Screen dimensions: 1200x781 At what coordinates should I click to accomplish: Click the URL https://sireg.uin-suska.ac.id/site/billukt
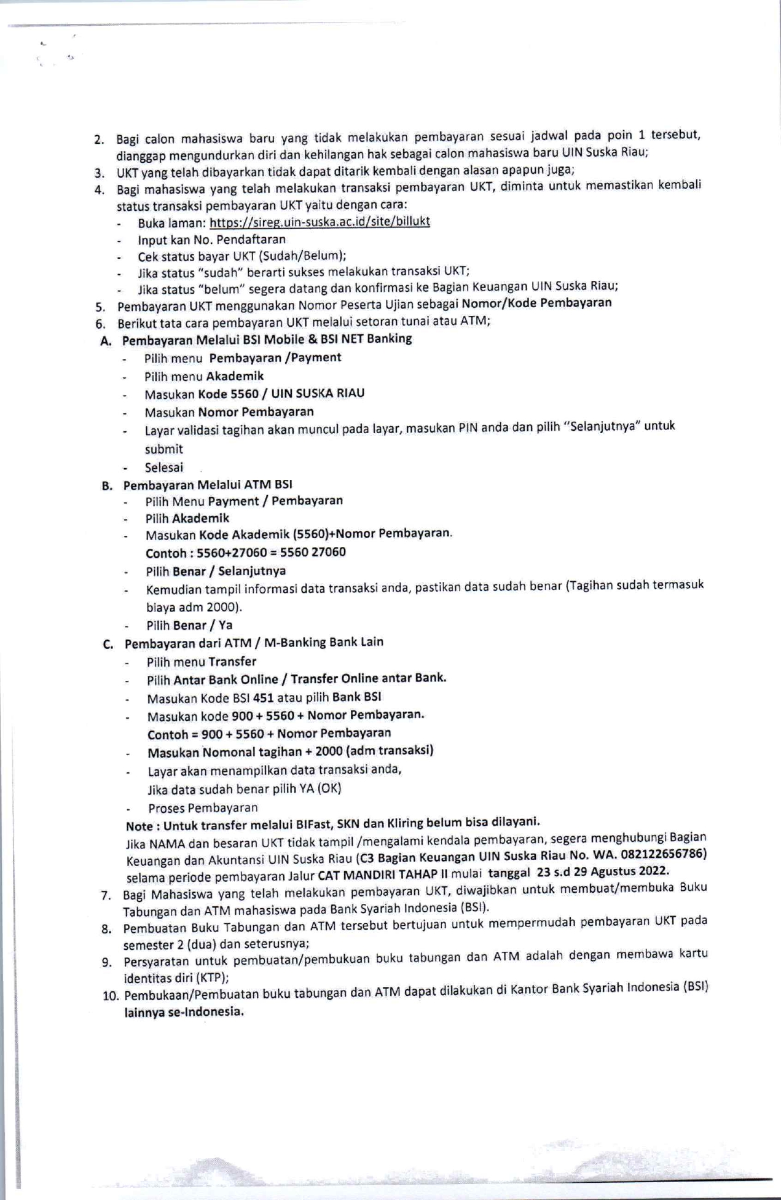(x=320, y=222)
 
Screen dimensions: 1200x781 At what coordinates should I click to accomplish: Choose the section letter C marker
(x=108, y=644)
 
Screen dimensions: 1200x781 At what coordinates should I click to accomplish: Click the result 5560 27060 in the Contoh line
(x=313, y=552)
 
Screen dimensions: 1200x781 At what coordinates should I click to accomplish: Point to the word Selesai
(x=164, y=467)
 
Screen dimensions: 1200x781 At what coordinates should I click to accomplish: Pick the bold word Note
(x=139, y=826)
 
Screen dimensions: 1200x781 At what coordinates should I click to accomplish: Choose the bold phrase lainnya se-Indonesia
(x=184, y=1011)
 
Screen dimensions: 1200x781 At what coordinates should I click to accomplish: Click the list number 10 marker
(x=110, y=995)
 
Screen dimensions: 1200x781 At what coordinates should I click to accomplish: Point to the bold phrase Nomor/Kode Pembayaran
(x=536, y=302)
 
